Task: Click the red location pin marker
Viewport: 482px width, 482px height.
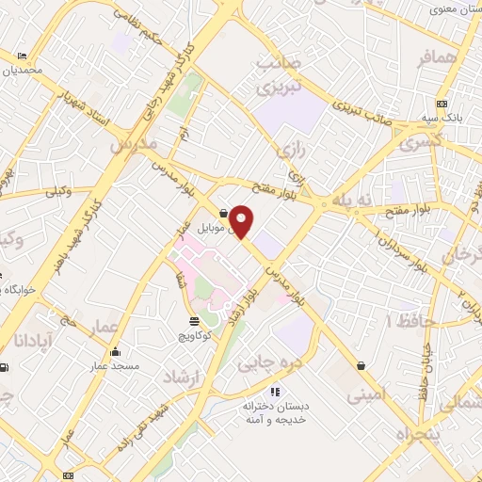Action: point(242,220)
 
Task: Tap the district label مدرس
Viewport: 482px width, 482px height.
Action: point(131,148)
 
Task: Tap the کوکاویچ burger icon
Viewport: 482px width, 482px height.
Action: point(194,320)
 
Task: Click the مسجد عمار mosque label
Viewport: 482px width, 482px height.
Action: point(115,364)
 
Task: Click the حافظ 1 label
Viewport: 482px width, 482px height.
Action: point(404,321)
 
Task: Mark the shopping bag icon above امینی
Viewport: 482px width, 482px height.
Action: point(361,365)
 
